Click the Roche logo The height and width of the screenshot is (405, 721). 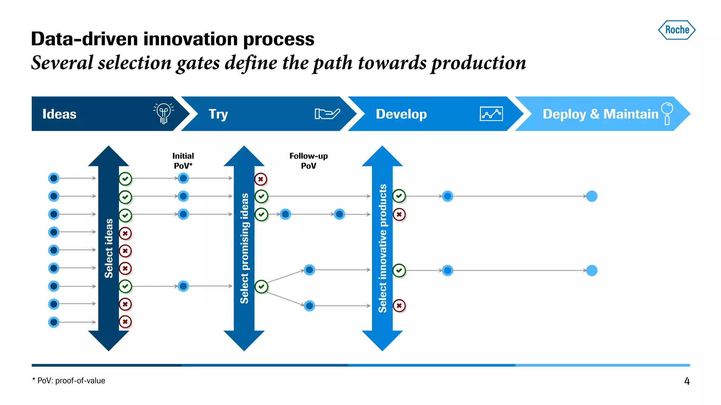(677, 30)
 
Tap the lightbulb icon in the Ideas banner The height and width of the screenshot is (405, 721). (163, 113)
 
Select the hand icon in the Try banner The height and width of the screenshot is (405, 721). (327, 114)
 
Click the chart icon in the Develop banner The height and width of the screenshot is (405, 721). (491, 114)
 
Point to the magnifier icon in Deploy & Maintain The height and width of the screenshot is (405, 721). (667, 113)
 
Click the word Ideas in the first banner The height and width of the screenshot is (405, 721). (59, 114)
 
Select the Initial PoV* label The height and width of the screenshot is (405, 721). (183, 161)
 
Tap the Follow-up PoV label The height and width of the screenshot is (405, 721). (308, 161)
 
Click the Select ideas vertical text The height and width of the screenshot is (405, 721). (109, 248)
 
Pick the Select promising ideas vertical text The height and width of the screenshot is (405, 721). (244, 248)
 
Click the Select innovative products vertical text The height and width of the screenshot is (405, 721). (382, 248)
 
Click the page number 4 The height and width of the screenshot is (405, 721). (686, 381)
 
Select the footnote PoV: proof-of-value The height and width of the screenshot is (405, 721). (69, 381)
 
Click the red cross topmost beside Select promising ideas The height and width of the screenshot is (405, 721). (261, 179)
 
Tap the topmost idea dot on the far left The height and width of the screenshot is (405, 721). (54, 178)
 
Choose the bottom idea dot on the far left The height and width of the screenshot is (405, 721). (54, 322)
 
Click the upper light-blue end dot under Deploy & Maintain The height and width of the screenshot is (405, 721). (592, 196)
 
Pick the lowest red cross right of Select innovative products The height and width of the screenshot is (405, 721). (399, 306)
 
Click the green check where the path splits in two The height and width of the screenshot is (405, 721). (261, 287)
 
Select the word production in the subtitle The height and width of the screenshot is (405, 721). (478, 63)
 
